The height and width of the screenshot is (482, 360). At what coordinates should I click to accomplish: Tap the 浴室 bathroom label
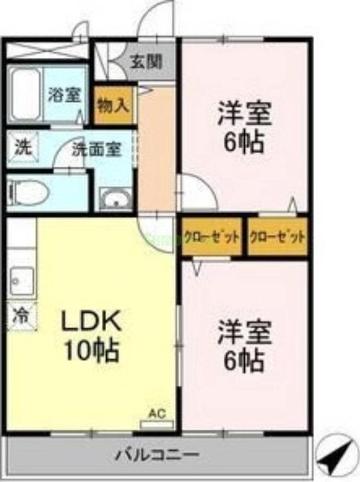(x=65, y=95)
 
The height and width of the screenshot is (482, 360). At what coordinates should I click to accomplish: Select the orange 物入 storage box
(x=113, y=105)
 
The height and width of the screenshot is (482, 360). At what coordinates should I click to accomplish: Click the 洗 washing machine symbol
(x=22, y=147)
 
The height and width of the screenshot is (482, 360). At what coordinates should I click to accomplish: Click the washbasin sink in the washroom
(x=115, y=199)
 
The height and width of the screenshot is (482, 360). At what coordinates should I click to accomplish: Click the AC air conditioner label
(x=156, y=413)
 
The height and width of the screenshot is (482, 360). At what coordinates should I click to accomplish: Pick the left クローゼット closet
(x=212, y=237)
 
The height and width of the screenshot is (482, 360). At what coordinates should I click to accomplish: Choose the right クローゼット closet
(x=277, y=237)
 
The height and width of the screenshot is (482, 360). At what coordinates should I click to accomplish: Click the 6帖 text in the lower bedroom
(x=244, y=360)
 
